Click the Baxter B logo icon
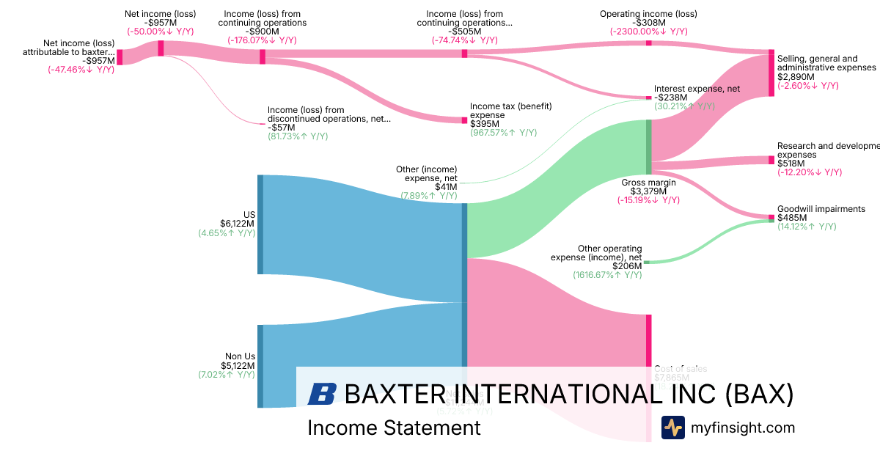click(x=322, y=394)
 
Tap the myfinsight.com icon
click(x=673, y=428)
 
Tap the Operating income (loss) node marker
click(x=648, y=43)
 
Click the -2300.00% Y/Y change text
click(x=648, y=32)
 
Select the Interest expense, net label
click(x=697, y=89)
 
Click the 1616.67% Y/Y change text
click(x=607, y=275)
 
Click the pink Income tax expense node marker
click(x=464, y=120)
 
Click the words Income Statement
click(x=394, y=428)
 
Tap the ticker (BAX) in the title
click(x=760, y=394)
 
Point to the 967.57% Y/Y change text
click(x=503, y=133)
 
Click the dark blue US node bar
click(x=260, y=224)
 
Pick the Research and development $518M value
click(x=791, y=164)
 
